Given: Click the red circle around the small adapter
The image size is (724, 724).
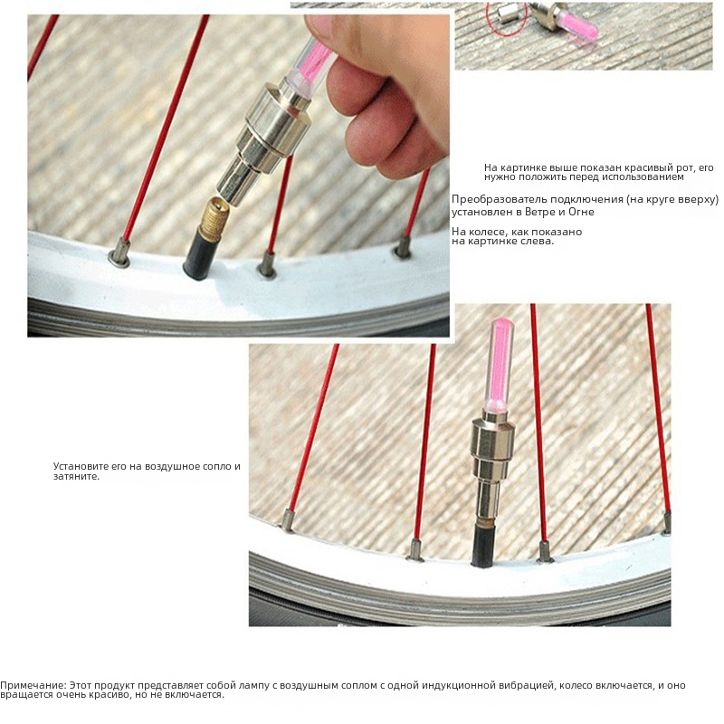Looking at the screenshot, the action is click(x=506, y=17).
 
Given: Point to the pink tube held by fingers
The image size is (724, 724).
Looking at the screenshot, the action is click(x=310, y=64).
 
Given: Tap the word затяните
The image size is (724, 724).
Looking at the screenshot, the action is click(x=76, y=477).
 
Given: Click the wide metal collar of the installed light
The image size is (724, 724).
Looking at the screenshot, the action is click(x=493, y=439).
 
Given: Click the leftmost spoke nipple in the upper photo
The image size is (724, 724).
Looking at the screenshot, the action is click(x=120, y=253).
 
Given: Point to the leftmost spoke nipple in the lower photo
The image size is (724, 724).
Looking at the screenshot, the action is click(x=288, y=519).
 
